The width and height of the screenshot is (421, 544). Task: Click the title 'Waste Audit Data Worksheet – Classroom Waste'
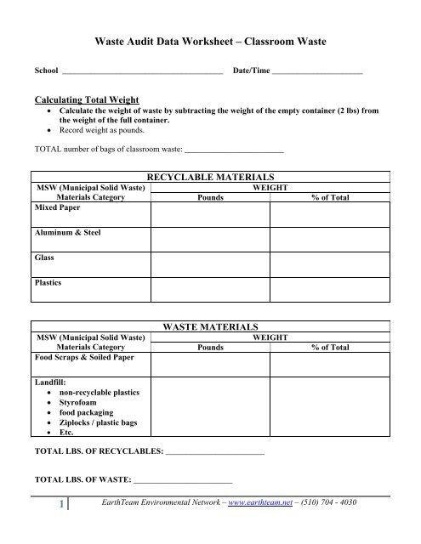pyautogui.click(x=210, y=40)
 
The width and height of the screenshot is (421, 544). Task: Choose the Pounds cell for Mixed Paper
pyautogui.click(x=210, y=213)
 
